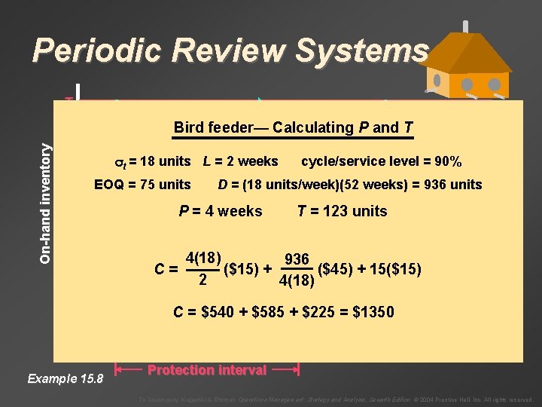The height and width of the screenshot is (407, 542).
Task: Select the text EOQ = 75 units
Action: (x=142, y=185)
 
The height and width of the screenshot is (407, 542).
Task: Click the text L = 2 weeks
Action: (x=240, y=161)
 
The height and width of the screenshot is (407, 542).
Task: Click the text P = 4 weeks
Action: (x=221, y=211)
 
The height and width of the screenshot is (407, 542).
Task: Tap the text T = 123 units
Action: (x=343, y=211)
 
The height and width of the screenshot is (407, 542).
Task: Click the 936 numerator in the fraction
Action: (x=297, y=259)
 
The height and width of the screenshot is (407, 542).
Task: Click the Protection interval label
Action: (x=207, y=369)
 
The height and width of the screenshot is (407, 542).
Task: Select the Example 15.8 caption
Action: (x=63, y=378)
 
